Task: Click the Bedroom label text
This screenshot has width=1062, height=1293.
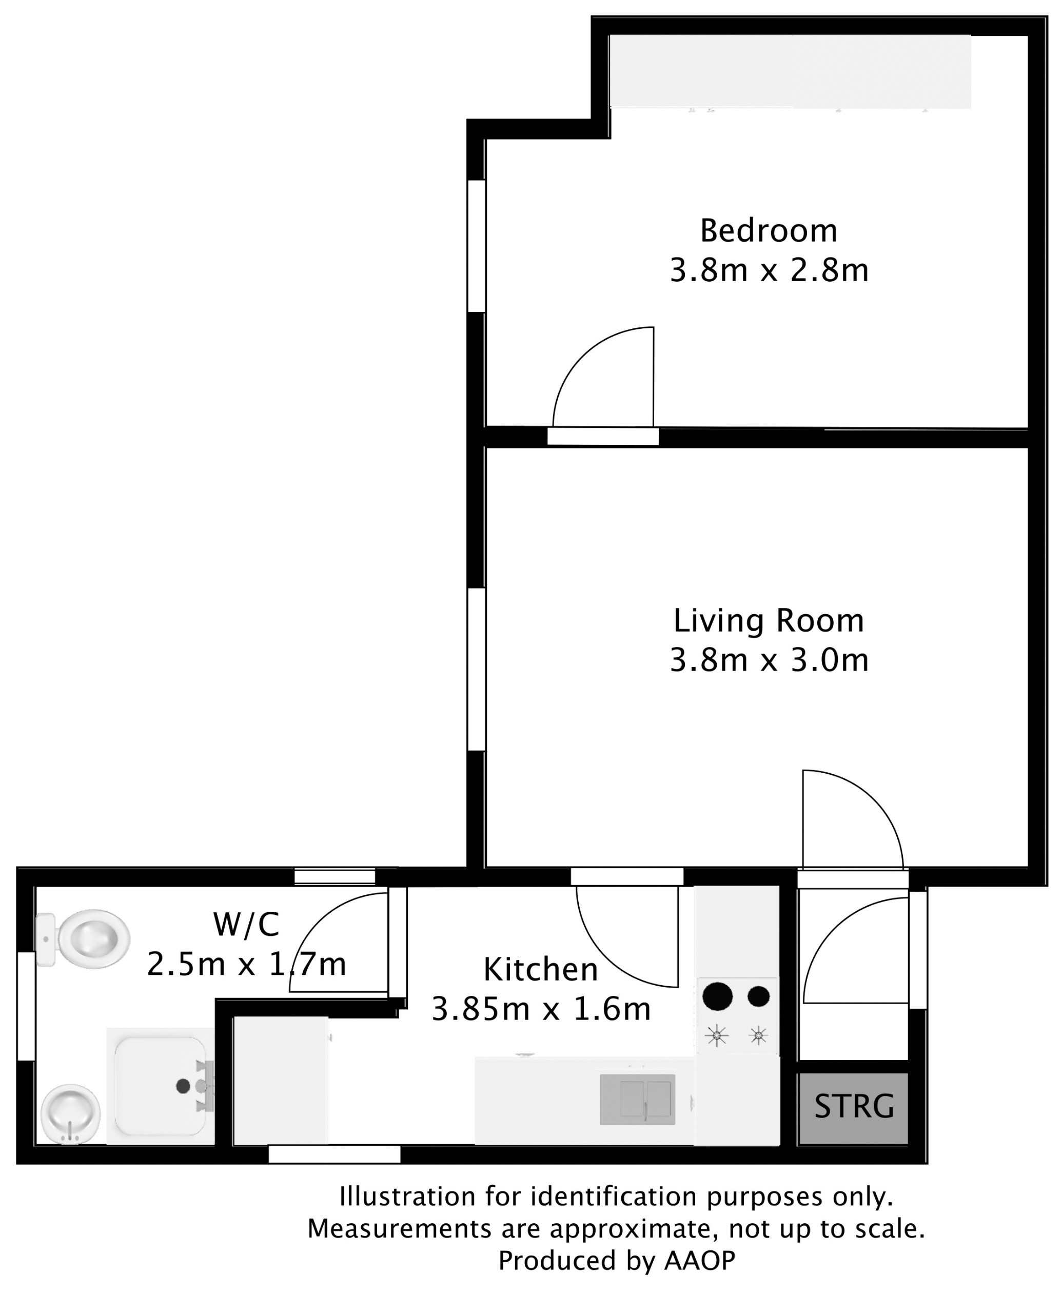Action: coord(769,231)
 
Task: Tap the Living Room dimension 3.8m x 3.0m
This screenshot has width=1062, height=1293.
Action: coord(769,660)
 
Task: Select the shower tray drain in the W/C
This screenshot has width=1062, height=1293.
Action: coord(182,1086)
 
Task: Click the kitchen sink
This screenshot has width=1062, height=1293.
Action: coord(637,1099)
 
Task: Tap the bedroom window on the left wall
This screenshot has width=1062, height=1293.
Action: coord(477,246)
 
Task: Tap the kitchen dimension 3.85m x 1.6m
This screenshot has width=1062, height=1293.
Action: coord(540,1009)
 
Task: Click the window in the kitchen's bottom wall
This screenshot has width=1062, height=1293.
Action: coord(334,1154)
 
